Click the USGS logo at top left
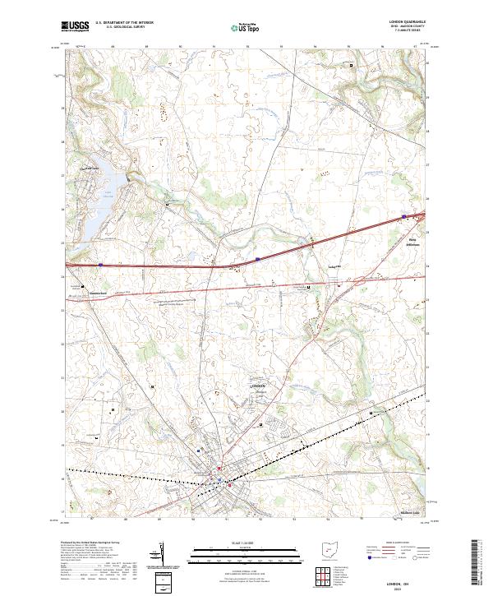pyautogui.click(x=75, y=27)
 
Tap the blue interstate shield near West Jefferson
pyautogui.click(x=404, y=217)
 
